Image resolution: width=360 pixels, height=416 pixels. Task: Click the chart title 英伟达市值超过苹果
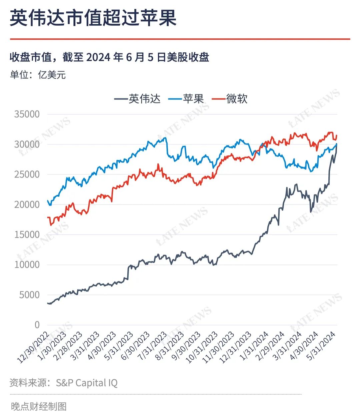93,18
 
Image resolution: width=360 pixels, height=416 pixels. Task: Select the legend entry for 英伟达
137,99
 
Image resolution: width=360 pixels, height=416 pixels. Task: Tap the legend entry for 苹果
186,99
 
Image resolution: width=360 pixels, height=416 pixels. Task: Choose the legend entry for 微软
229,99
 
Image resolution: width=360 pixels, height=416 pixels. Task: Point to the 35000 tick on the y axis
27,114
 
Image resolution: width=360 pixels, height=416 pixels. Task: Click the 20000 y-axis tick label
27,205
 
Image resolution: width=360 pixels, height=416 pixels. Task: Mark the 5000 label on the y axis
29,295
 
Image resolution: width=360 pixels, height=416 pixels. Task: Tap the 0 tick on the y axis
37,325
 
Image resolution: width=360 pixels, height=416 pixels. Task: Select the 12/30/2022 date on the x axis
34,348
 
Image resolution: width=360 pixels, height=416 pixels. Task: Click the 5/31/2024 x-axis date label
321,346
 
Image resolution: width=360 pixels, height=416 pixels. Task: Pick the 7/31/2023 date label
152,346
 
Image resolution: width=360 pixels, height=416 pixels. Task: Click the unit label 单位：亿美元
38,75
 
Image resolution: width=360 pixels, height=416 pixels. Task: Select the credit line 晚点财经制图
39,406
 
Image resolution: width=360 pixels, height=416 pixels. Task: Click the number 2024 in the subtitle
98,57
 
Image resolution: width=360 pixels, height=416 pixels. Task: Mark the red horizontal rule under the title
180,39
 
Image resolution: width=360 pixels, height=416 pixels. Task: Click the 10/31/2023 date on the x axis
202,347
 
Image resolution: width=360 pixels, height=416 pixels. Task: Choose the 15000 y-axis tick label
27,235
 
